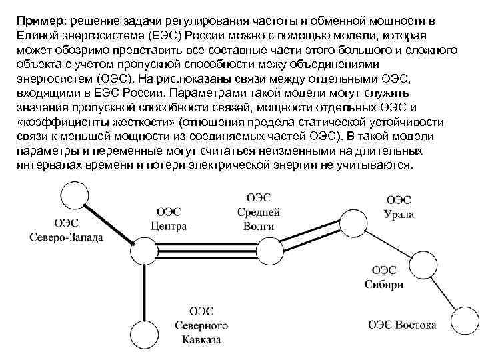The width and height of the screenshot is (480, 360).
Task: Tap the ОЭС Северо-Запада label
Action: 66,231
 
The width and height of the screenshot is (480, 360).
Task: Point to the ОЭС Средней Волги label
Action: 259,212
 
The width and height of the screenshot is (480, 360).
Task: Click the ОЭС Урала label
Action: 399,207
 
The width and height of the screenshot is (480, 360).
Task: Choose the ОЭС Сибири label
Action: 384,277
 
